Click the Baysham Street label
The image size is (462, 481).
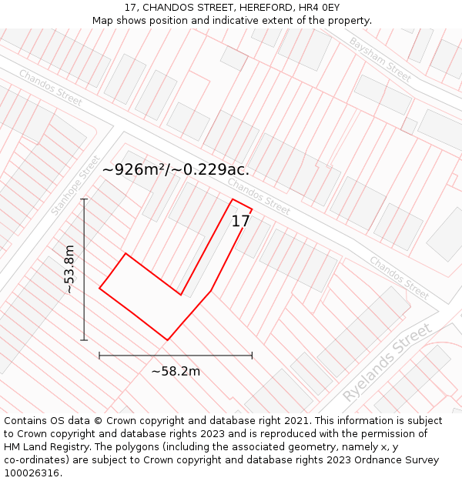point(380,58)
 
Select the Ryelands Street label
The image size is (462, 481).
point(388,362)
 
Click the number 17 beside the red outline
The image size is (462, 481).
point(241,221)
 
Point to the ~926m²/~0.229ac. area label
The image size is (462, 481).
point(176,169)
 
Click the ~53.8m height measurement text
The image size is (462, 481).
point(69,269)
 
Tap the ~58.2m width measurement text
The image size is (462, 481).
point(176,372)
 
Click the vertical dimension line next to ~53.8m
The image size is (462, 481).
point(84,269)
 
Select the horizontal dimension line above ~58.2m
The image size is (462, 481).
point(176,356)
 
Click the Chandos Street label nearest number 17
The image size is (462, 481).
point(259,197)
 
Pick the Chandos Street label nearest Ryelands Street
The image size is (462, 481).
point(398,277)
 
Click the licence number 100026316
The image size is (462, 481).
point(32,473)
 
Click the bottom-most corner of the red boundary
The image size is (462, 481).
point(167,339)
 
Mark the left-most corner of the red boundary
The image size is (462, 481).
point(99,289)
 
